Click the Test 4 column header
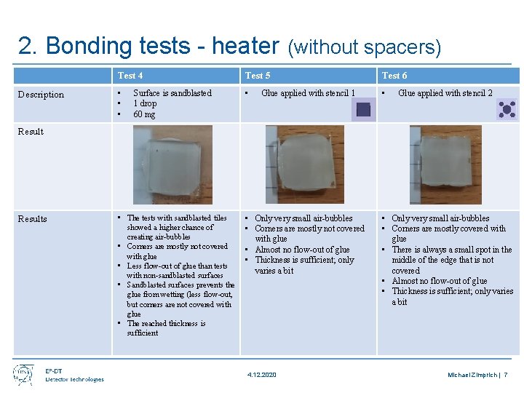pyautogui.click(x=130, y=76)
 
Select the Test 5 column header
pyautogui.click(x=258, y=76)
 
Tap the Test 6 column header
pyautogui.click(x=394, y=76)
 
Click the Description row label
pyautogui.click(x=41, y=95)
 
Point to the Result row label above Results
pyautogui.click(x=31, y=132)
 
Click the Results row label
pyautogui.click(x=32, y=219)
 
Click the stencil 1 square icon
pyautogui.click(x=362, y=110)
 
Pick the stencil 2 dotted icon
pyautogui.click(x=507, y=109)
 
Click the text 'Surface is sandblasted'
pyautogui.click(x=172, y=93)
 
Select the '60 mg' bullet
pyautogui.click(x=144, y=114)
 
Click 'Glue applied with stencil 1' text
pyautogui.click(x=308, y=93)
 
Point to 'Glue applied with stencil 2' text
pyautogui.click(x=445, y=93)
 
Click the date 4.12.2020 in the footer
pyautogui.click(x=262, y=375)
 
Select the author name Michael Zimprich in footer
pyautogui.click(x=472, y=375)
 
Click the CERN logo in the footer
pyautogui.click(x=23, y=374)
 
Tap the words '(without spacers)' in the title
pyautogui.click(x=365, y=48)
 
